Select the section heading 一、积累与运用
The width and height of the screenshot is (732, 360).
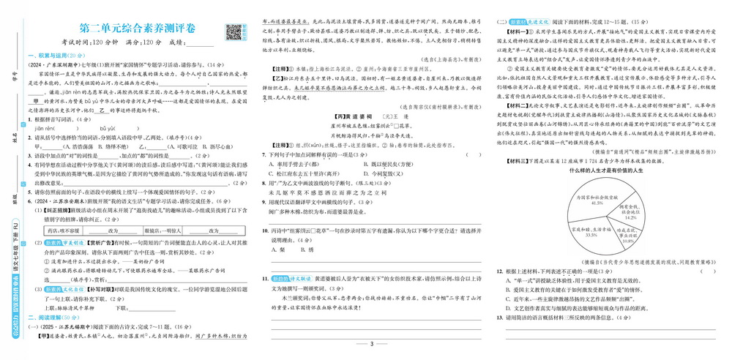pos(55,56)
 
